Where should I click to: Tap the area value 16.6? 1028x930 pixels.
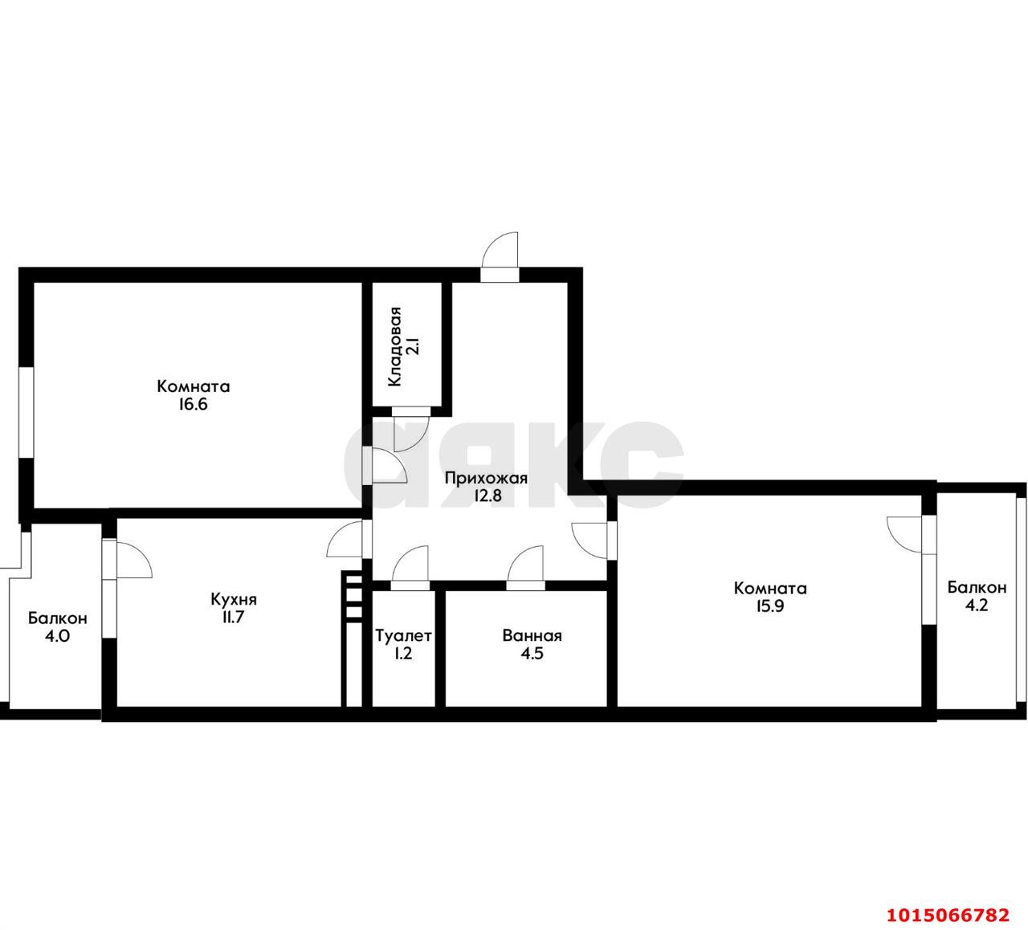(x=194, y=405)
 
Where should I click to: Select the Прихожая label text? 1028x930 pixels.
(x=486, y=479)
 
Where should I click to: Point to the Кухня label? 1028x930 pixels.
(x=234, y=599)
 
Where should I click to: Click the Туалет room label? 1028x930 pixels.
(x=403, y=636)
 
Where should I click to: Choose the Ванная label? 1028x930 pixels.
(x=532, y=636)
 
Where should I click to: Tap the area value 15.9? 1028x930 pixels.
(x=769, y=606)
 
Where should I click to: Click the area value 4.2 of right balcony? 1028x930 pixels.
(x=976, y=606)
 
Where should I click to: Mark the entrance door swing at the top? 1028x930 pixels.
(x=500, y=253)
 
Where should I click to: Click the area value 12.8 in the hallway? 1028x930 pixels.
(x=486, y=496)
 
